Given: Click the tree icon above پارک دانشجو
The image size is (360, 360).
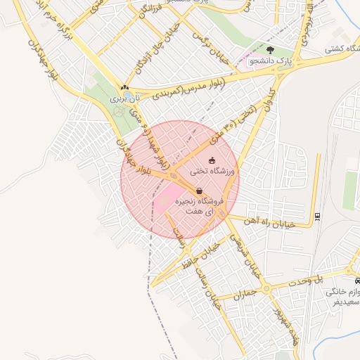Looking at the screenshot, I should coord(271,50).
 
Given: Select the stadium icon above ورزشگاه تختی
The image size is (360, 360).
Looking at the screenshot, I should coord(212,161).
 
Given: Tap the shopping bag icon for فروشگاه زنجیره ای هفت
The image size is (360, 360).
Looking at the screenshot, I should coord(200,191).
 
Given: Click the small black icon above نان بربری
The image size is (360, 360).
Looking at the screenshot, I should coord(125,89).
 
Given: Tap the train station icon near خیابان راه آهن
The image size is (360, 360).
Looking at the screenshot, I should coord(317,216).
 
